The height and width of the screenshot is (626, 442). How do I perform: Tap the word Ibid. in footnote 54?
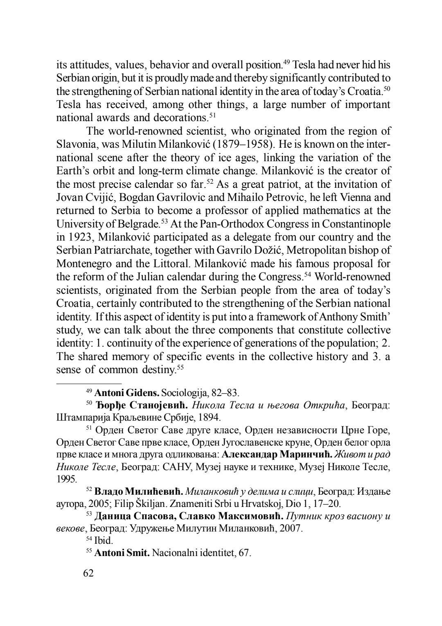[103, 540]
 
